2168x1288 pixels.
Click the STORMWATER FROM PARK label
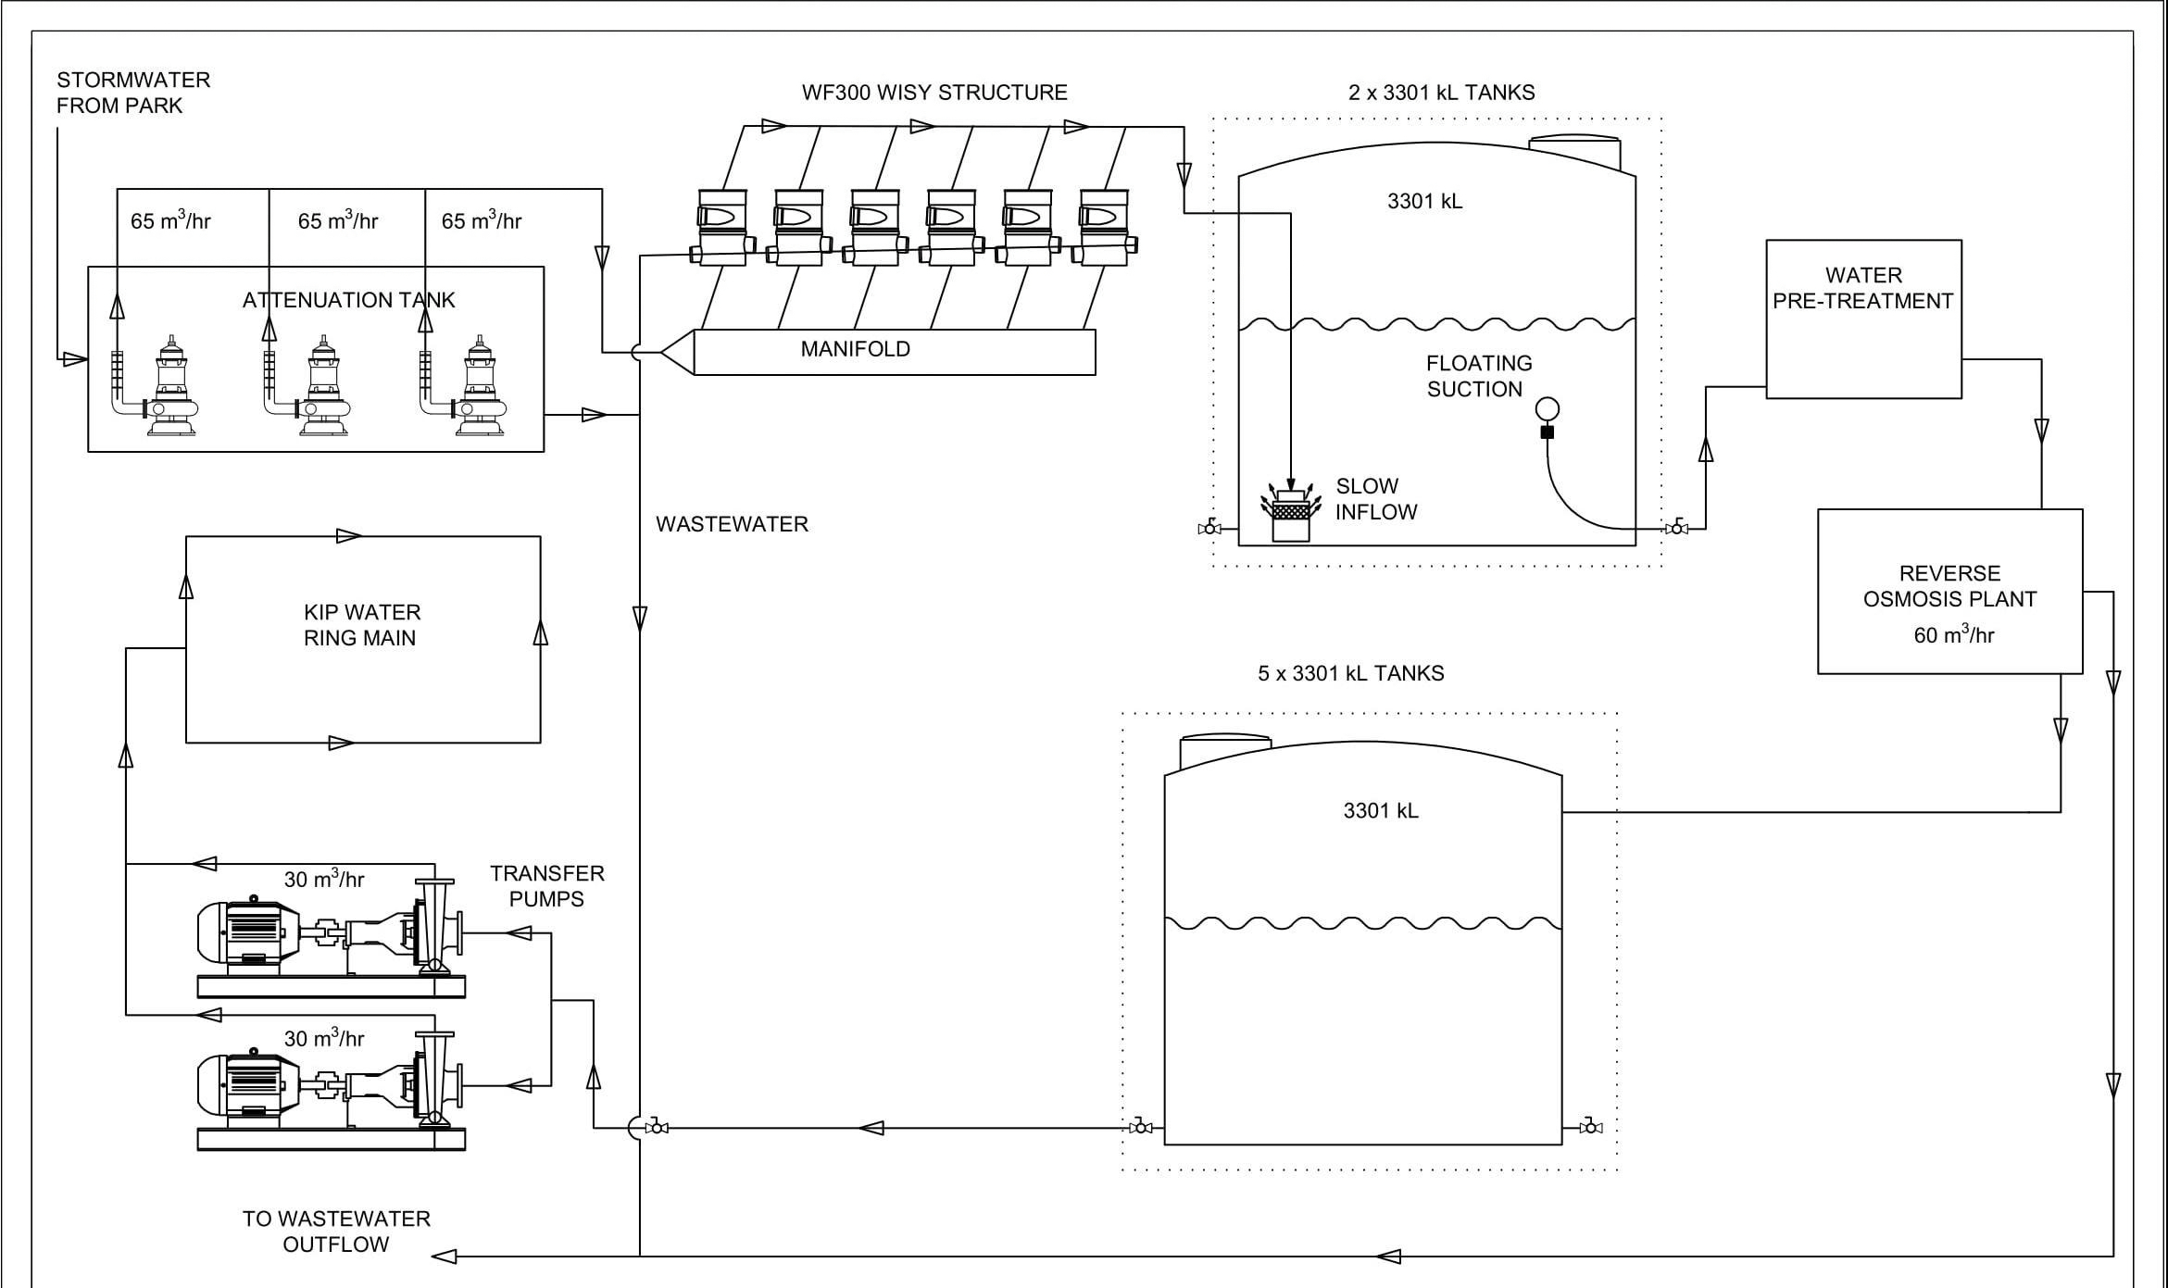(132, 93)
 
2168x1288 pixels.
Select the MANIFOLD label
(855, 349)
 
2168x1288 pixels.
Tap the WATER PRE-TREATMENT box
(1862, 319)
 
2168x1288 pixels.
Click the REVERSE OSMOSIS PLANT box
(1949, 590)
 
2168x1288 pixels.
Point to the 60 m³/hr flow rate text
(1953, 635)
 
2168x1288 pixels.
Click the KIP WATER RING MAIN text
(361, 625)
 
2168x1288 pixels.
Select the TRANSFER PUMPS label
(546, 886)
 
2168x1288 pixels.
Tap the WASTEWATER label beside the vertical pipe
(732, 524)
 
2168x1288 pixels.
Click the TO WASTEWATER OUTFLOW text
(336, 1232)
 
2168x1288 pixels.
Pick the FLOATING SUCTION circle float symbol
(1547, 408)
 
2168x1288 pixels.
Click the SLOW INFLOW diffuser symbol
(1290, 511)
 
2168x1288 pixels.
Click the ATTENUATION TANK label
(348, 300)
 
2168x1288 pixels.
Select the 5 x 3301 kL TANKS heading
(1350, 674)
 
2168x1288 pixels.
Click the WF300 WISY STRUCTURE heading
(934, 93)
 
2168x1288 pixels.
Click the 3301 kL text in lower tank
(1380, 811)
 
